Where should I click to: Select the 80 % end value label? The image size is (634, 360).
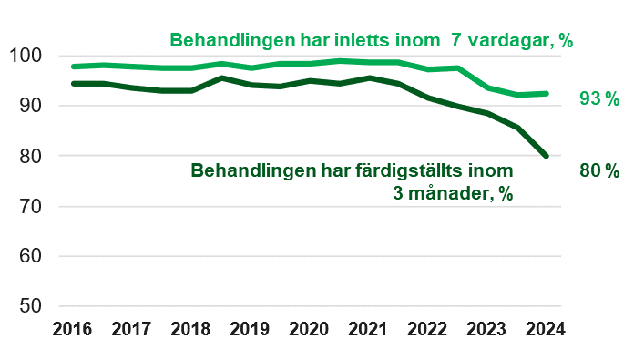[x=598, y=170]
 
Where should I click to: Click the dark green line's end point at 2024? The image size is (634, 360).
[x=546, y=156]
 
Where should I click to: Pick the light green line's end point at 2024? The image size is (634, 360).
[x=546, y=93]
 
